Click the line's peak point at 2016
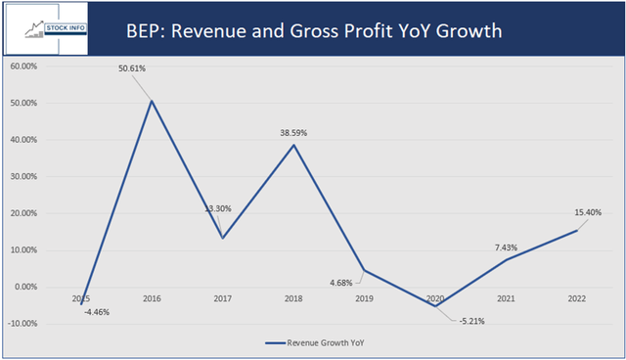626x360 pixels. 151,101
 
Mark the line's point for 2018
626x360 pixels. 291,145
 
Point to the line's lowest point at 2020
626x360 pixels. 432,306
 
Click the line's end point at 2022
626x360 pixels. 575,230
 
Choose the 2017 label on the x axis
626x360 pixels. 221,298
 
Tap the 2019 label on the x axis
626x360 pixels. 363,298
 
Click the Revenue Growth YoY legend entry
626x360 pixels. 324,343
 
